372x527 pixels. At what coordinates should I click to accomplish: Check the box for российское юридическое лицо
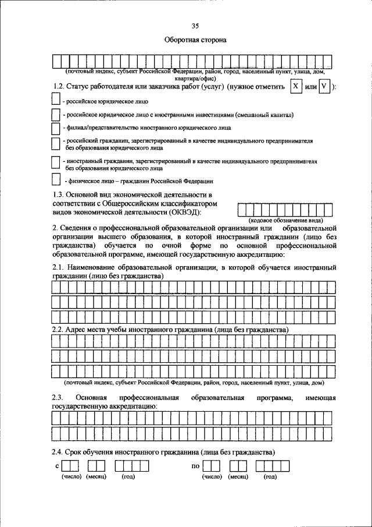(56, 101)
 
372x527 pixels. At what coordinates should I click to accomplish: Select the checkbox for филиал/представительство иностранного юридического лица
(56, 126)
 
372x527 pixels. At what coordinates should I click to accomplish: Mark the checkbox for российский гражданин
(56, 143)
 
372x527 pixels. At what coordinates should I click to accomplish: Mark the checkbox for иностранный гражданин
(56, 164)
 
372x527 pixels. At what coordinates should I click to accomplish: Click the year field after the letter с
(132, 465)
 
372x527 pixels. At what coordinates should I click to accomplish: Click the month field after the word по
(238, 465)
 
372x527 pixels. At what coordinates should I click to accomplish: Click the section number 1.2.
(59, 87)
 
